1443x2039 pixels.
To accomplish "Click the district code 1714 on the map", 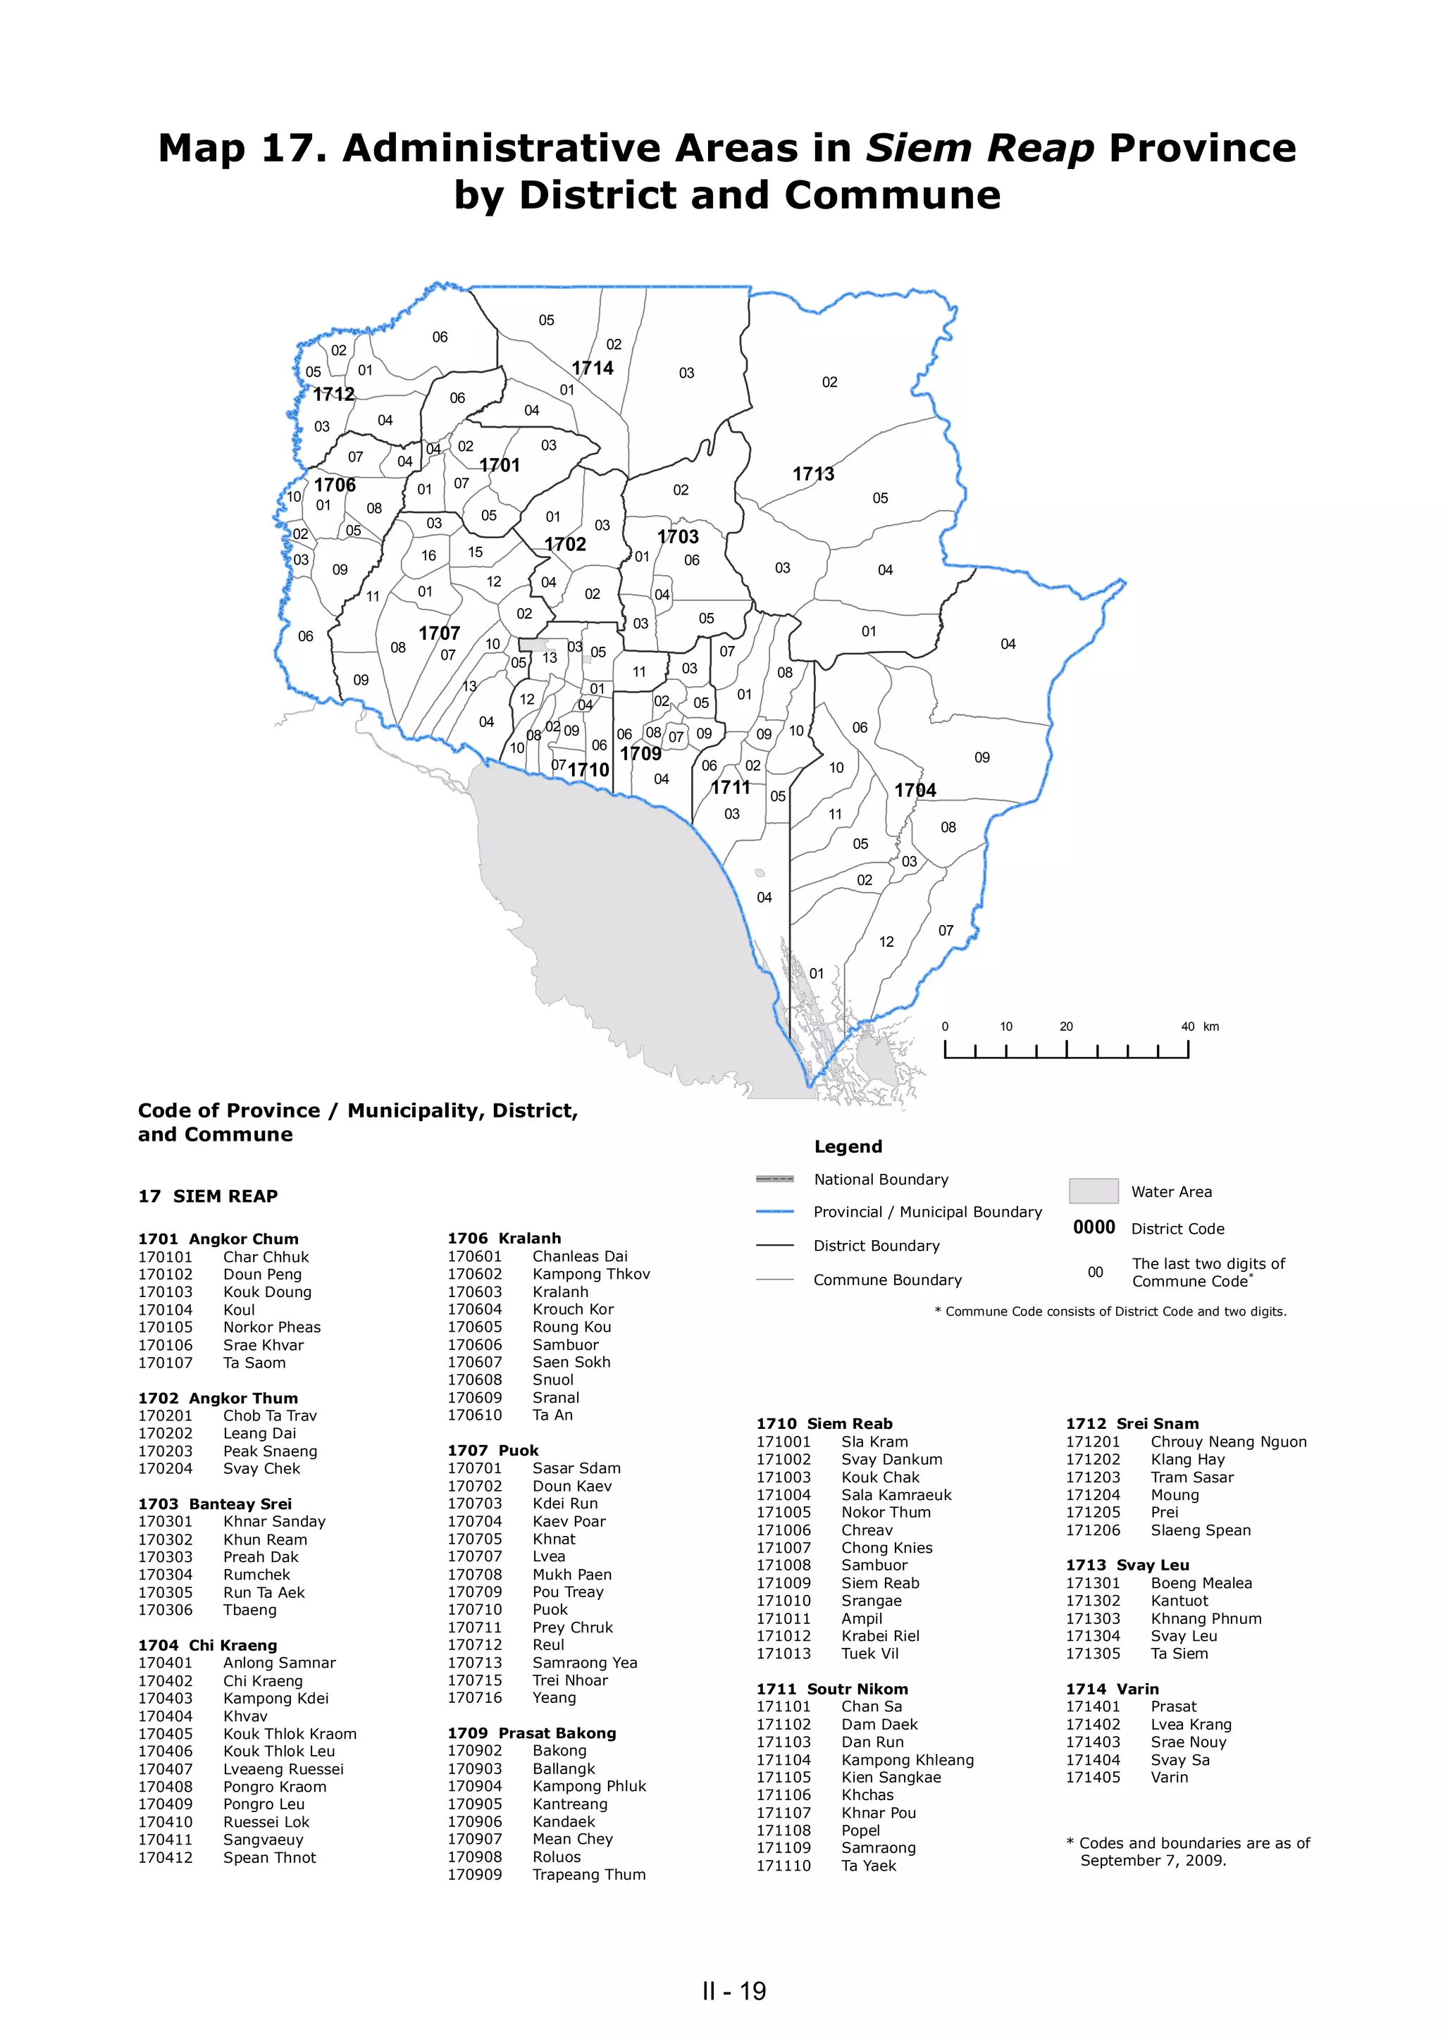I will [x=593, y=368].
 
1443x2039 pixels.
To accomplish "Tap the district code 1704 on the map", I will [x=915, y=790].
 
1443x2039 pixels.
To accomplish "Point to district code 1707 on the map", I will [x=440, y=633].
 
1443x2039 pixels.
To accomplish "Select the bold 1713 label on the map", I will [x=814, y=473].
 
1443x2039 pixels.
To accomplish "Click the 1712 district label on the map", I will [x=334, y=394].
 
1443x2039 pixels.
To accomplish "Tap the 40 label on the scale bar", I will [x=1187, y=1026].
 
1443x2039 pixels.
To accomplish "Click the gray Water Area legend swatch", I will [x=1093, y=1191].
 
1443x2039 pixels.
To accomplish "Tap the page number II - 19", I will [x=734, y=1991].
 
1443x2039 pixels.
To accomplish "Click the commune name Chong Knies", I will [x=887, y=1548].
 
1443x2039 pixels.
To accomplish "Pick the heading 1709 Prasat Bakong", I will [x=531, y=1733].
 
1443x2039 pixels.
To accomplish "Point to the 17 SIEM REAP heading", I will [x=208, y=1196].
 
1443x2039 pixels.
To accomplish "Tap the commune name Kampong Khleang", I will [x=908, y=1760].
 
